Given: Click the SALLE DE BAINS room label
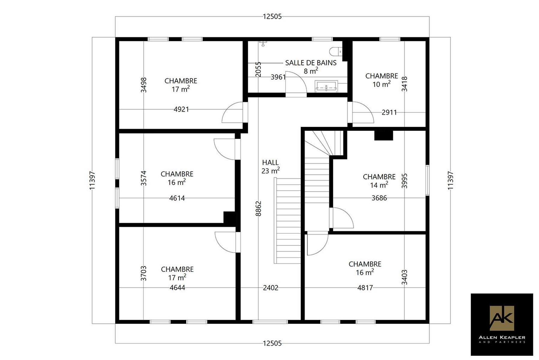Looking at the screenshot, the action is click(311, 63).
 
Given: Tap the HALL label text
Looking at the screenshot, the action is click(270, 163).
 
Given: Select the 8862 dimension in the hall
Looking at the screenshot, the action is click(258, 208).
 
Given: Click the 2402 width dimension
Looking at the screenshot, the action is click(271, 288).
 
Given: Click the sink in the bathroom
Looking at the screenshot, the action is click(326, 86).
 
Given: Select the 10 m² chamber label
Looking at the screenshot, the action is click(382, 80).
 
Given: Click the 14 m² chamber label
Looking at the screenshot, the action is click(379, 181).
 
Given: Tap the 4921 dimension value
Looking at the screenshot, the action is click(181, 109).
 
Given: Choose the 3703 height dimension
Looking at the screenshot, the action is click(144, 273).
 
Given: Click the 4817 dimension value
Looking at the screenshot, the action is click(365, 288).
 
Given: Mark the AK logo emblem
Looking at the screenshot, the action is click(502, 318).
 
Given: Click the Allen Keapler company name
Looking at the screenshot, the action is click(502, 337).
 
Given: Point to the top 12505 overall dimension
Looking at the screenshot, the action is click(272, 16).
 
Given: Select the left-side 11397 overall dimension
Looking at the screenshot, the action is click(92, 180).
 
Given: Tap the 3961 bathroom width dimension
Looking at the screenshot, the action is click(278, 77).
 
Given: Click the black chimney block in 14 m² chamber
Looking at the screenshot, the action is click(384, 135).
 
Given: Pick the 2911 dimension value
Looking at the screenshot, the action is click(389, 112).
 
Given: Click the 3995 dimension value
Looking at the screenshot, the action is click(405, 181).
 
